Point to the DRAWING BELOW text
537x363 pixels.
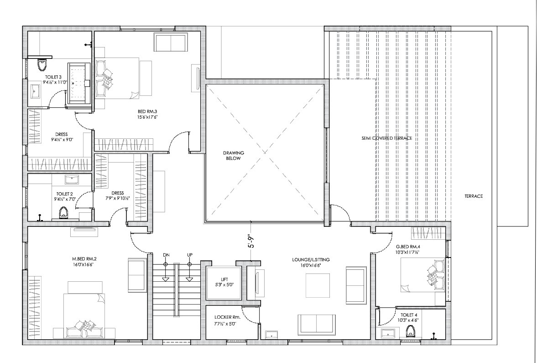[234, 156]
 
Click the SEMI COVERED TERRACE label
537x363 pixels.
[380, 138]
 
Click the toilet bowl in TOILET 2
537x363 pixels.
[64, 213]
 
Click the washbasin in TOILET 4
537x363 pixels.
[388, 333]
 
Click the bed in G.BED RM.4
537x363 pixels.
[422, 275]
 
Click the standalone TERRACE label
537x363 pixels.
[474, 196]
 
